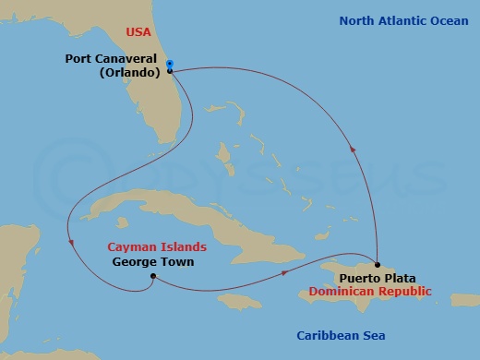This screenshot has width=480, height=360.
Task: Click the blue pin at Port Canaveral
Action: tap(171, 66)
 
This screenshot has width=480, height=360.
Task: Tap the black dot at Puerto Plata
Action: tap(377, 265)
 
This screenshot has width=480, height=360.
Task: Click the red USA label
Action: tap(138, 32)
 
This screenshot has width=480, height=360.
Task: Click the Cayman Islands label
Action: tap(156, 247)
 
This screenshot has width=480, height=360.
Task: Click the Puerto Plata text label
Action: tap(377, 278)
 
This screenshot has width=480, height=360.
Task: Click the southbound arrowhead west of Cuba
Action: tap(71, 243)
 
